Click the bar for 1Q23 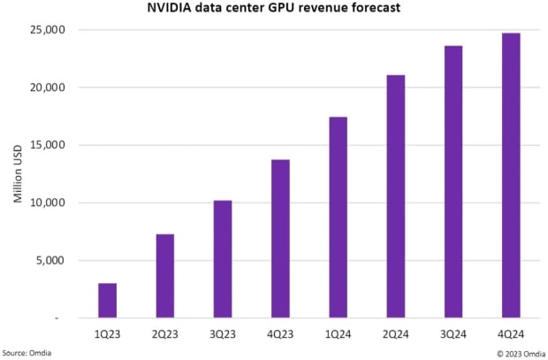coord(107,300)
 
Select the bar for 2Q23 coord(165,275)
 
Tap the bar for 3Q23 coord(223,258)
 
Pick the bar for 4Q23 coord(280,238)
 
